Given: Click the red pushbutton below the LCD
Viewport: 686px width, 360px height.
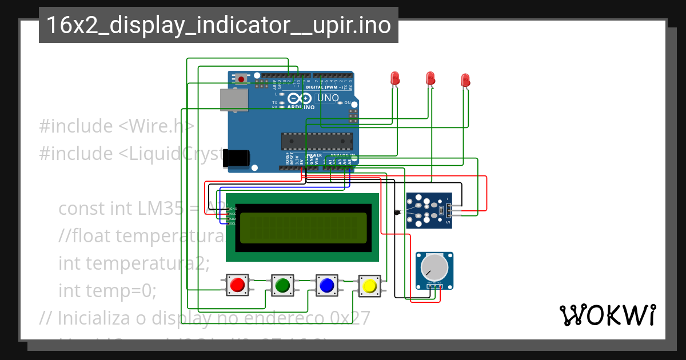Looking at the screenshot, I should (x=237, y=285).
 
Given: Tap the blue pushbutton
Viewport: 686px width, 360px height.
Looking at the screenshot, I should (x=326, y=285).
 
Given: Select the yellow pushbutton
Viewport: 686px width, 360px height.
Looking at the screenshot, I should (x=369, y=285).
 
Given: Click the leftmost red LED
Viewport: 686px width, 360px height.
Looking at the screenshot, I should (x=394, y=78).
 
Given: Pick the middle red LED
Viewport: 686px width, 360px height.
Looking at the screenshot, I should (x=430, y=78).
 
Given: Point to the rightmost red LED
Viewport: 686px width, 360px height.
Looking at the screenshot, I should (x=465, y=80).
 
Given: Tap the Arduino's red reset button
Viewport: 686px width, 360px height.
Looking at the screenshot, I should (x=242, y=79).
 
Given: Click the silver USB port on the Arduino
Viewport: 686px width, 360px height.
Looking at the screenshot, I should (x=234, y=99).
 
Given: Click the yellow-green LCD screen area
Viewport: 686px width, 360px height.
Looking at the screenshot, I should (x=303, y=227).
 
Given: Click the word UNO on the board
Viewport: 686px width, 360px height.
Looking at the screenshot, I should (x=328, y=98).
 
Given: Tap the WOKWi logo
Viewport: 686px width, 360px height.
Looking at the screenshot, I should (x=607, y=315).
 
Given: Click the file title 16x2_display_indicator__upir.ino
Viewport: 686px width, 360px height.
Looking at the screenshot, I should (x=218, y=26).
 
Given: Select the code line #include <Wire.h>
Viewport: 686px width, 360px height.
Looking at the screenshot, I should (x=117, y=126).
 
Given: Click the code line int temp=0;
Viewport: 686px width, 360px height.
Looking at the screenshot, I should (x=107, y=291).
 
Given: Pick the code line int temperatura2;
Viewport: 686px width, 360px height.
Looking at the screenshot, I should (x=134, y=263).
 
